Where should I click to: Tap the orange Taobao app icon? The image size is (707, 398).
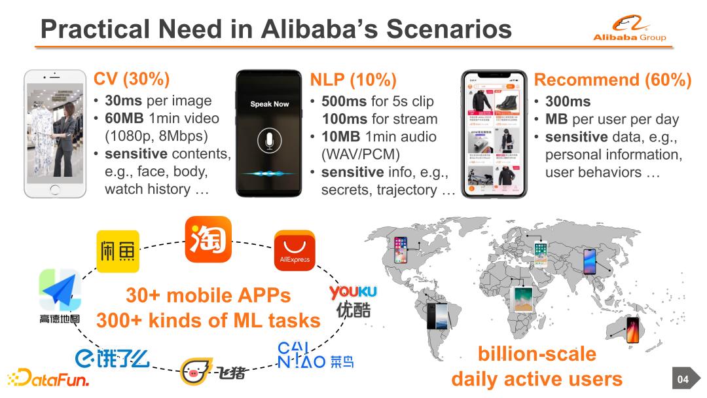(208, 240)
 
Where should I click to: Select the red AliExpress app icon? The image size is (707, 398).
(295, 250)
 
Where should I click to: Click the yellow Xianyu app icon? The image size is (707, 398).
(118, 251)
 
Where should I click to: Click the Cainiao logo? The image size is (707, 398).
(315, 355)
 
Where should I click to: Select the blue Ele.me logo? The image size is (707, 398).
(112, 357)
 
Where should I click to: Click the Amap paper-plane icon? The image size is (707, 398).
(60, 291)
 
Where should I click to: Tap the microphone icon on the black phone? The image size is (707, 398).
(269, 140)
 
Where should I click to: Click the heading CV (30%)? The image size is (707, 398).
(132, 79)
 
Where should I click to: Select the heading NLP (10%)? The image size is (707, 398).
(353, 80)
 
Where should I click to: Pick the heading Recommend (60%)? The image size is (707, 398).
(613, 80)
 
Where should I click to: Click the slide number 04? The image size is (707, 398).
(683, 379)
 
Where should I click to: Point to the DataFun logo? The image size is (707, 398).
(48, 378)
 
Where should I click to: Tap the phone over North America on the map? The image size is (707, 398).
(400, 249)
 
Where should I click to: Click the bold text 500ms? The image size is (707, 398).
(343, 101)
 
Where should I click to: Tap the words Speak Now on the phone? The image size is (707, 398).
(269, 104)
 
